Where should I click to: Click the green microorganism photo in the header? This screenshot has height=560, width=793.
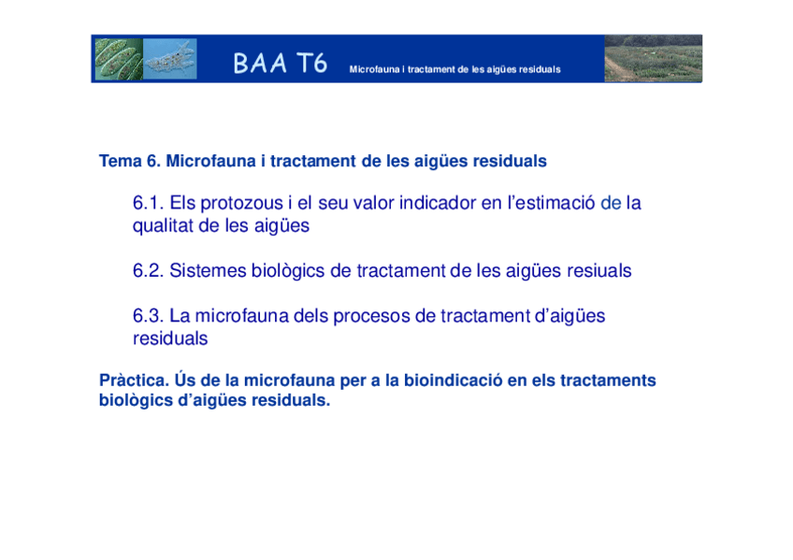[x=118, y=59]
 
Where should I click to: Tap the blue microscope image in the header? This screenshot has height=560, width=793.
[x=170, y=59]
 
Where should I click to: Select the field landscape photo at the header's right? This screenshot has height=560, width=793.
[x=653, y=59]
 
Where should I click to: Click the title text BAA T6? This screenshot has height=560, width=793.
[x=280, y=64]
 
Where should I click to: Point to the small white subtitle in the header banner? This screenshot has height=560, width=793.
[x=454, y=70]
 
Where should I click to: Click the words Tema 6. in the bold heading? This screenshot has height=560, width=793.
[x=130, y=161]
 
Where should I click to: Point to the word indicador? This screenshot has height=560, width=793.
[x=438, y=203]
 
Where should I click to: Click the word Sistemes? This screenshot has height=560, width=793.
[x=208, y=271]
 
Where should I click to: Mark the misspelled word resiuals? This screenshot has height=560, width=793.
[x=598, y=271]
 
